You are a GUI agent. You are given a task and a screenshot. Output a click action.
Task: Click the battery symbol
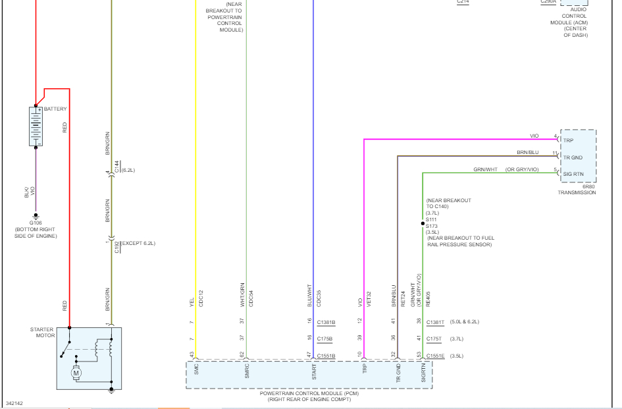pyautogui.click(x=36, y=126)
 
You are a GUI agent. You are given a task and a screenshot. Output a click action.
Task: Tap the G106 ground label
pyautogui.click(x=36, y=223)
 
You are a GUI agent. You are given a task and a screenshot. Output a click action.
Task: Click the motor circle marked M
pyautogui.click(x=76, y=373)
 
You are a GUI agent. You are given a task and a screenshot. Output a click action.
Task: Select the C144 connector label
pyautogui.click(x=117, y=167)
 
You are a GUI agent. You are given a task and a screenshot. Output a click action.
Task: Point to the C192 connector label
pyautogui.click(x=117, y=247)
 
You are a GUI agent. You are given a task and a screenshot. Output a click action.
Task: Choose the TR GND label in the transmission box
pyautogui.click(x=573, y=157)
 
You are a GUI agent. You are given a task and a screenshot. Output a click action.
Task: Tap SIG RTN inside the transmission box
pyautogui.click(x=573, y=174)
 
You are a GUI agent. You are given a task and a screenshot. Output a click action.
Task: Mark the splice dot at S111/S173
pyautogui.click(x=423, y=223)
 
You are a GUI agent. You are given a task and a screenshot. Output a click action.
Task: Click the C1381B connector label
pyautogui.click(x=326, y=322)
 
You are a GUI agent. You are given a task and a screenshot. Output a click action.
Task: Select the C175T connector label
pyautogui.click(x=435, y=339)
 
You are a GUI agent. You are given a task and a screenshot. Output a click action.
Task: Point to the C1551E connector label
pyautogui.click(x=436, y=356)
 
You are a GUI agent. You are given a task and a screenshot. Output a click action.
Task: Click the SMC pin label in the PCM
pyautogui.click(x=196, y=370)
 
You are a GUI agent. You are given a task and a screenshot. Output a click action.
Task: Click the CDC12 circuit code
pyautogui.click(x=201, y=298)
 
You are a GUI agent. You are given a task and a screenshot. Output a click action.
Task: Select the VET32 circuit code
pyautogui.click(x=369, y=298)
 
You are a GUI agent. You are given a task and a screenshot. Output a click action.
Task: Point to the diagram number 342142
pyautogui.click(x=14, y=403)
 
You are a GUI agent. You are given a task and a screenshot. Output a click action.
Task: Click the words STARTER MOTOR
pyautogui.click(x=42, y=333)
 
